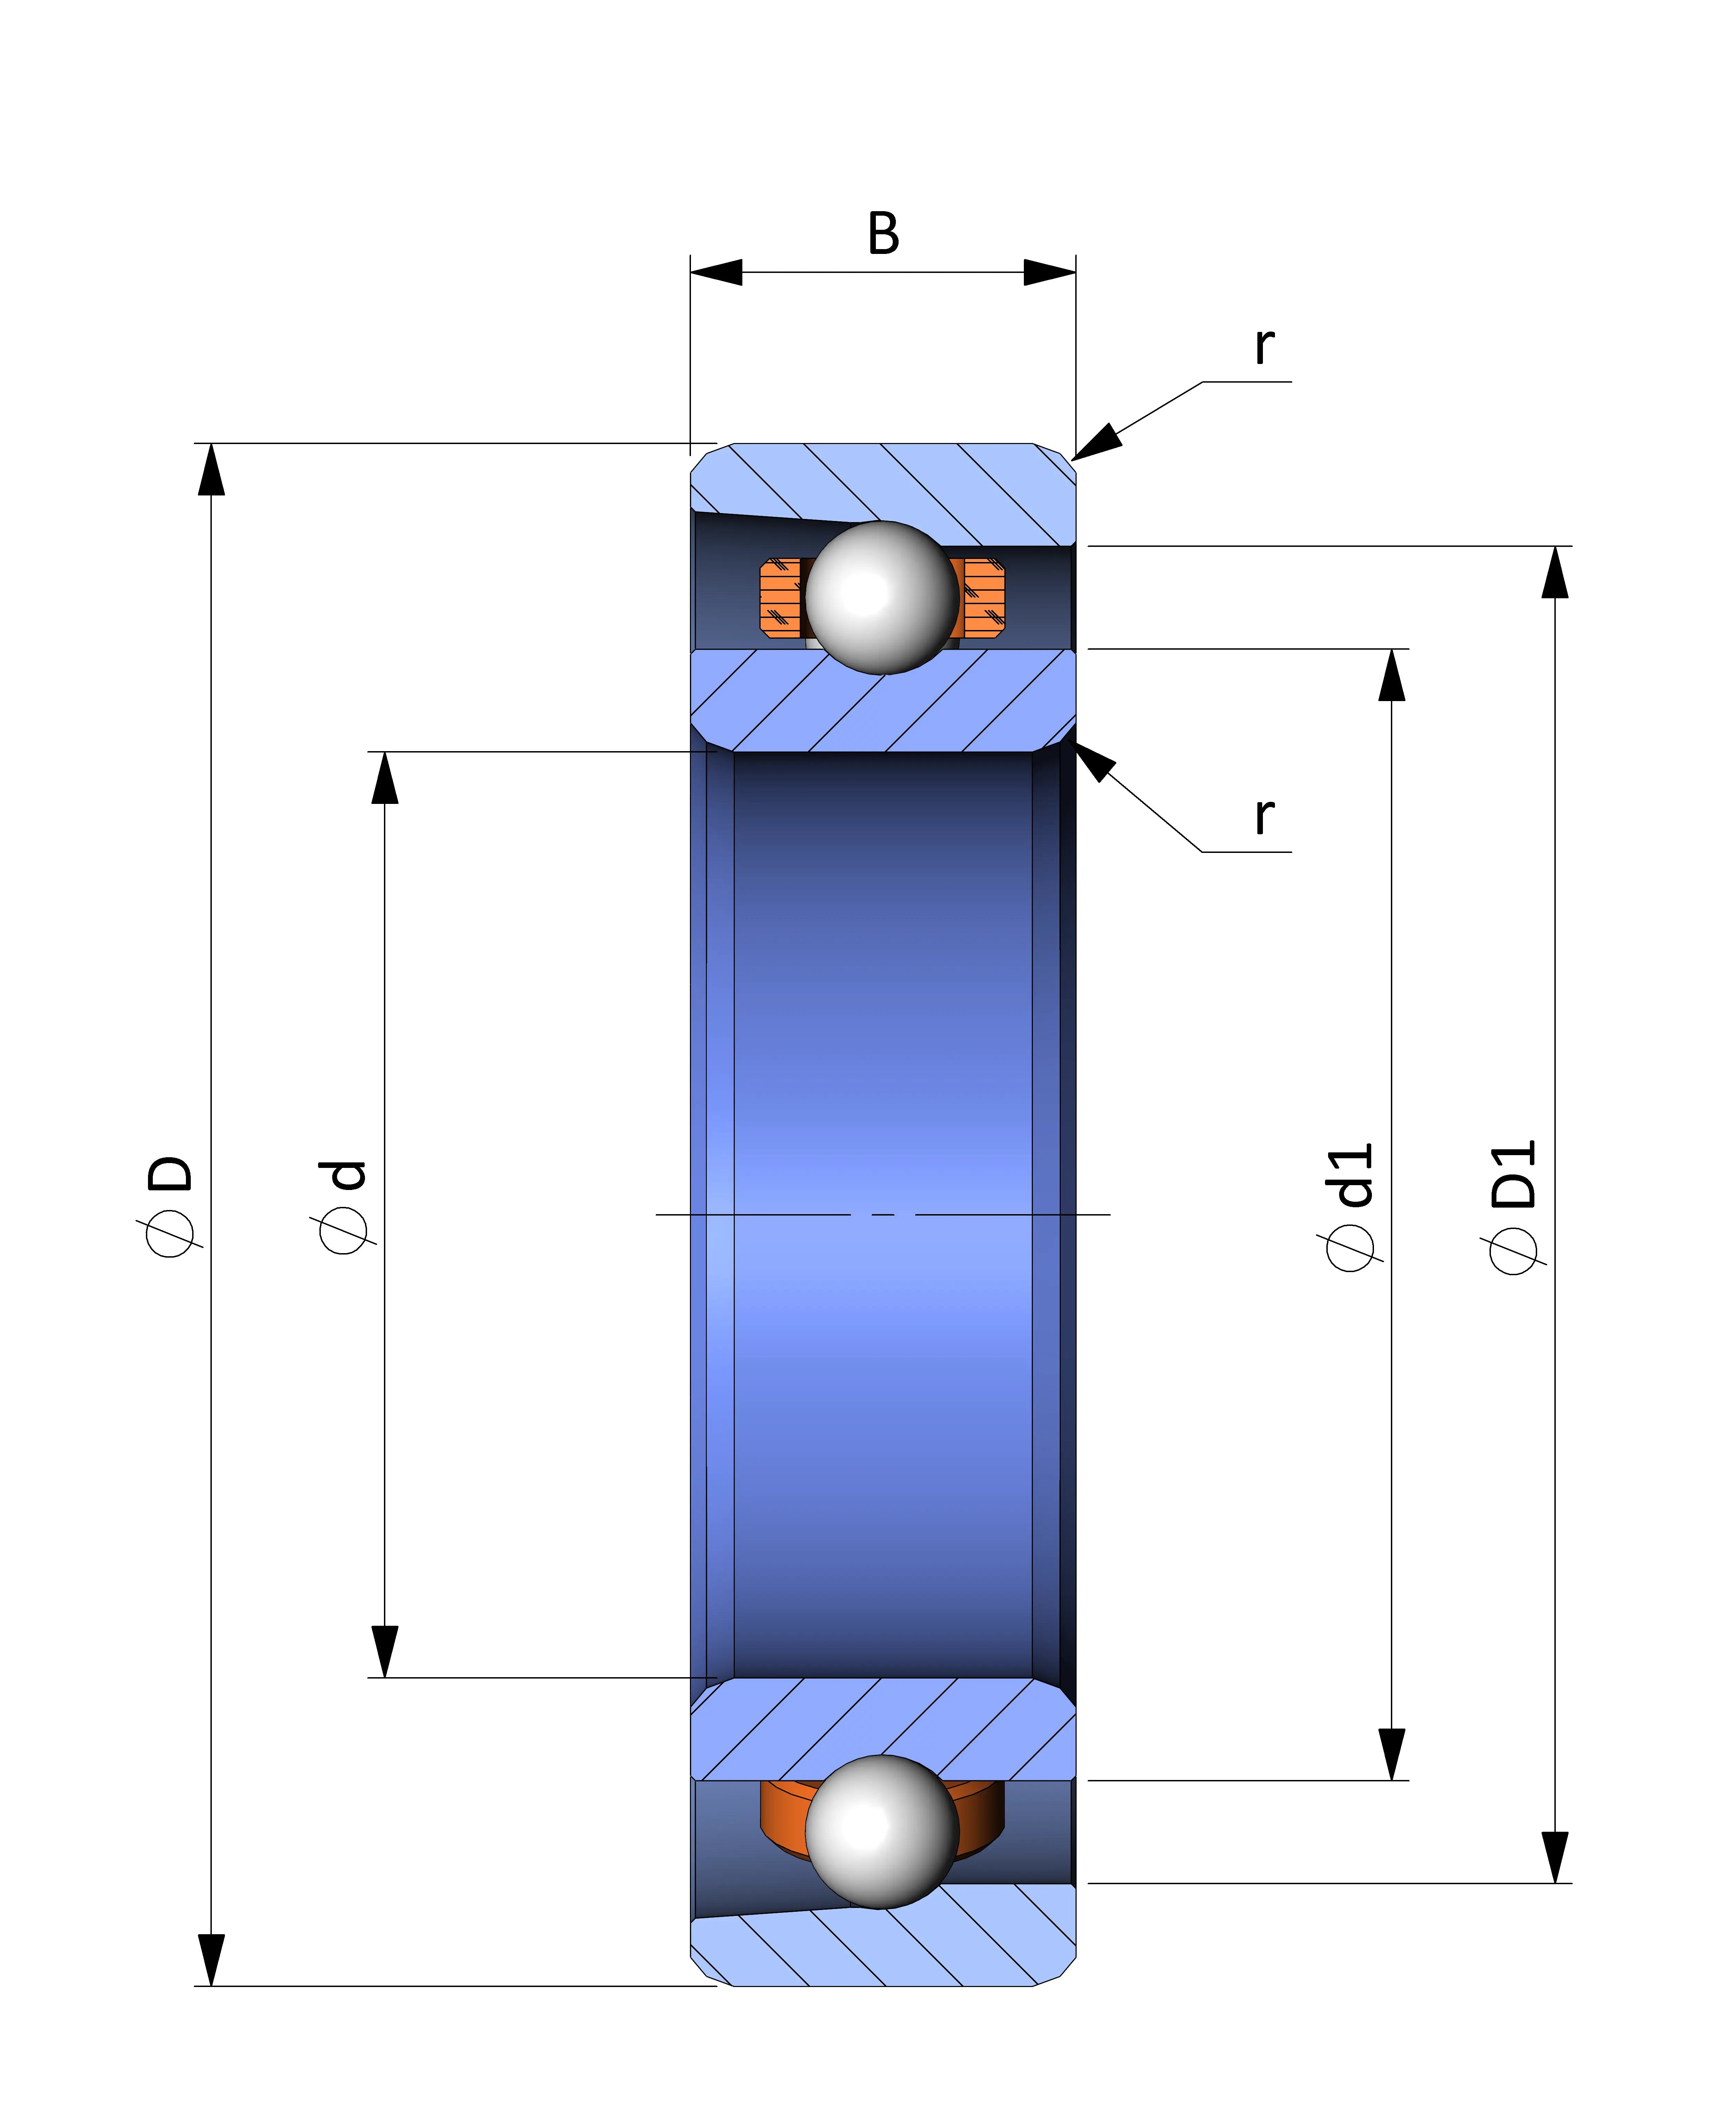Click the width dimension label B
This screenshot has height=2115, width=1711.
(883, 234)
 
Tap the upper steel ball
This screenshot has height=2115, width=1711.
(882, 597)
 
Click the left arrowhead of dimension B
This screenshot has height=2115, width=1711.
(715, 272)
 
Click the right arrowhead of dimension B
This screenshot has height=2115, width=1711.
(1050, 272)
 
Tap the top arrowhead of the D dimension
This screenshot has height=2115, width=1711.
(211, 469)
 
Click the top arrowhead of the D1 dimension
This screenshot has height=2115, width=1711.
(1555, 572)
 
